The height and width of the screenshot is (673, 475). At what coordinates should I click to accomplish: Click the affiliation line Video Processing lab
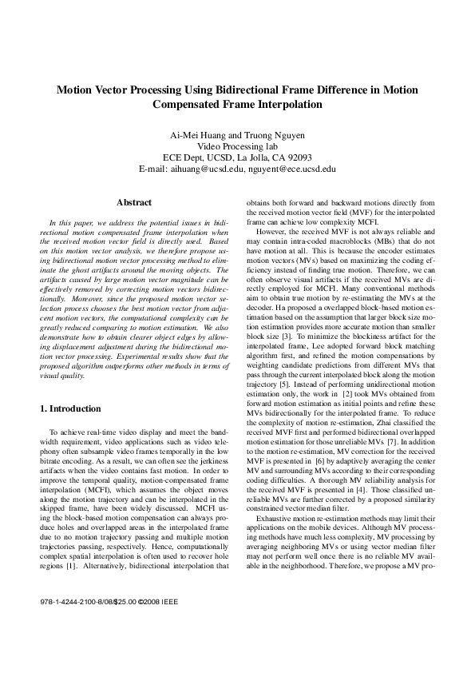click(x=237, y=146)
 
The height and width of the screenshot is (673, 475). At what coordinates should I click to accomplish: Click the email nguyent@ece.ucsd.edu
click(x=291, y=169)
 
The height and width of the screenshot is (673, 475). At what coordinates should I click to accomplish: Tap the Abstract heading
click(x=133, y=203)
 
